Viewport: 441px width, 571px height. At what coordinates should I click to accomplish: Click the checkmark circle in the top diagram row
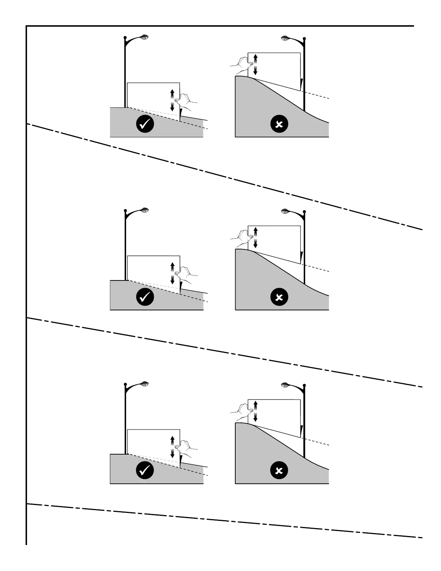point(145,124)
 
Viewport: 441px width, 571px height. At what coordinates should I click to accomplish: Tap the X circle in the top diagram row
point(279,124)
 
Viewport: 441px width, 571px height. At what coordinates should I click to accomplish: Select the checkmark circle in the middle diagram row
point(145,297)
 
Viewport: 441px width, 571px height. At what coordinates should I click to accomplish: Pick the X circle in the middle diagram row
point(279,297)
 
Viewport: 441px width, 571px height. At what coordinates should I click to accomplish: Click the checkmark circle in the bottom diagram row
point(145,470)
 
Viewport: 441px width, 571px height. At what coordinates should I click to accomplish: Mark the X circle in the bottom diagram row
point(279,471)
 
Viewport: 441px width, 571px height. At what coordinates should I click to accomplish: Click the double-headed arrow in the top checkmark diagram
point(172,99)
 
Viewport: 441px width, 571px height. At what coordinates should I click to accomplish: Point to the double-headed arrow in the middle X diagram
point(255,237)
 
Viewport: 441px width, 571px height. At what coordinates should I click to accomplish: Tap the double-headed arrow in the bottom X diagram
point(255,411)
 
